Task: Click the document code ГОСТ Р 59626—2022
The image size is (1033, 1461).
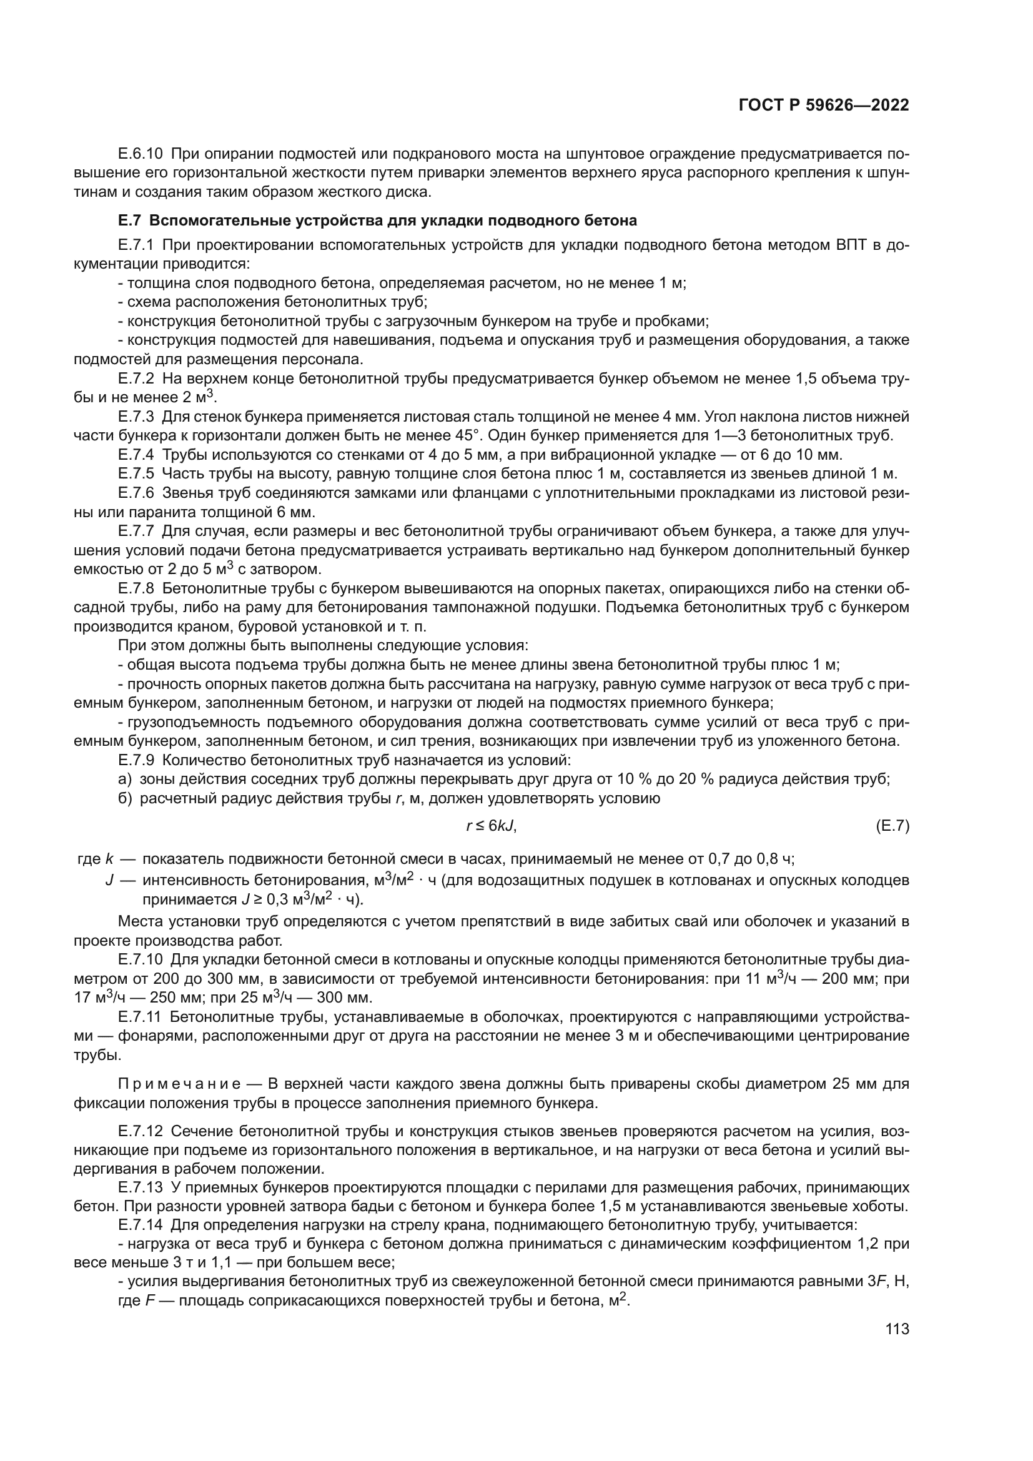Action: [823, 106]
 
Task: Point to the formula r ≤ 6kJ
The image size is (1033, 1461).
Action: [491, 826]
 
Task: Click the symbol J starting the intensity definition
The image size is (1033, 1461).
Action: [109, 881]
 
